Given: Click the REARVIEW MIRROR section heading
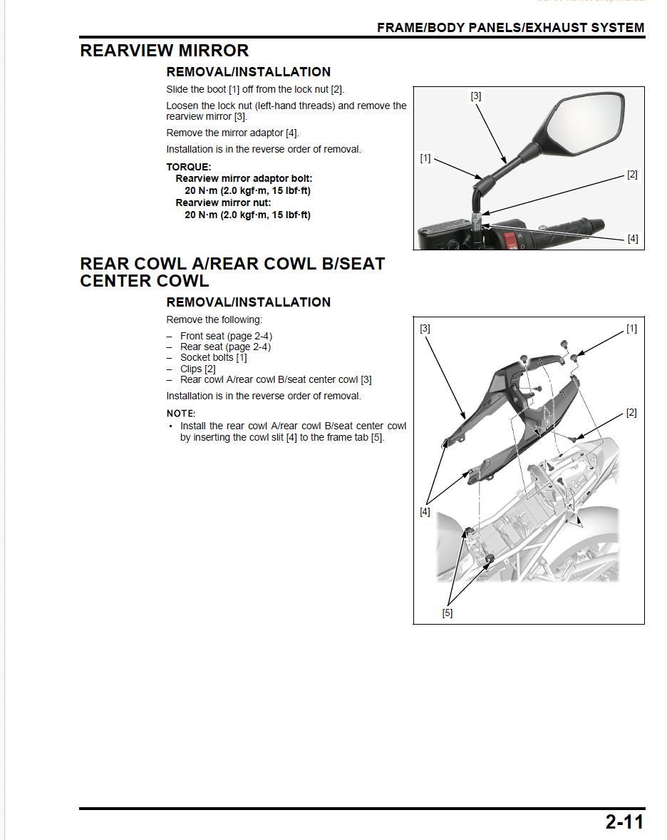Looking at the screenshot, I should (165, 51).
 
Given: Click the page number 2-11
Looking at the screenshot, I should (624, 821).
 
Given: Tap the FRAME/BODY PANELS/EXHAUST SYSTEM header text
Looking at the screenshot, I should (510, 28).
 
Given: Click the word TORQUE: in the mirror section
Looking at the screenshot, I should (188, 167).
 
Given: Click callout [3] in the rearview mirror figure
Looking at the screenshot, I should (476, 96).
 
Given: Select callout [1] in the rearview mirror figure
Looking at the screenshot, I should (425, 158).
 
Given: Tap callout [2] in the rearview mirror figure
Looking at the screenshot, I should (631, 175).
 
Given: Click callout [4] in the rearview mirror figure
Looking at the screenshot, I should (632, 238).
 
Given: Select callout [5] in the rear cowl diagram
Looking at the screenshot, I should (448, 613).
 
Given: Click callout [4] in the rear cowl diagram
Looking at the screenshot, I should (425, 511).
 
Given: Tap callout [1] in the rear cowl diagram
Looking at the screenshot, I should (631, 329).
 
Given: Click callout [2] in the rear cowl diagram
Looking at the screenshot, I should (631, 413).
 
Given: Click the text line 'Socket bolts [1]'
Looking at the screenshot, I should (213, 358).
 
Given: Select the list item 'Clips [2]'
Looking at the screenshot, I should (197, 369).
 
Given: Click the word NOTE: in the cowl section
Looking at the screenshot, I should (180, 414).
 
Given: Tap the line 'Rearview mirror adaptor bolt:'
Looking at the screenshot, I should (244, 178).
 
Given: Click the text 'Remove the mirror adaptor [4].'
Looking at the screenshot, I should (232, 133).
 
